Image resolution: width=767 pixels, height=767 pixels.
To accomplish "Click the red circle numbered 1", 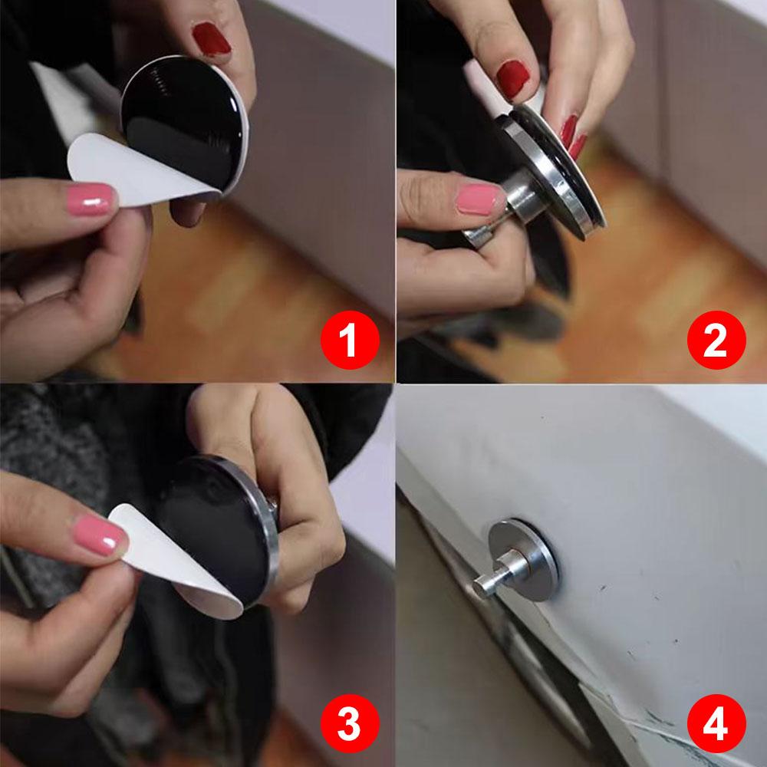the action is (x=350, y=340).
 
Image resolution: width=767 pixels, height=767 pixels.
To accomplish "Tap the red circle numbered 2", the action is (x=716, y=340).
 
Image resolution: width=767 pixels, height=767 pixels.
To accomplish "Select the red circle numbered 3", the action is (x=350, y=723).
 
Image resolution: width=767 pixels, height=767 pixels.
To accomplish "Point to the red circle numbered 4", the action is (x=716, y=723).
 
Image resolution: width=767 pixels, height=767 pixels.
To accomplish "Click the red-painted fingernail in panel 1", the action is (x=211, y=38).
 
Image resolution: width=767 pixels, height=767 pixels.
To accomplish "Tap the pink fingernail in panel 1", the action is (x=91, y=199).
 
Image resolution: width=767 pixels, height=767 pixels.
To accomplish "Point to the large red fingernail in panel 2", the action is (x=512, y=79).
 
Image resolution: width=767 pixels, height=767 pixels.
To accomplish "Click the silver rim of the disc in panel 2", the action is (x=548, y=171).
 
